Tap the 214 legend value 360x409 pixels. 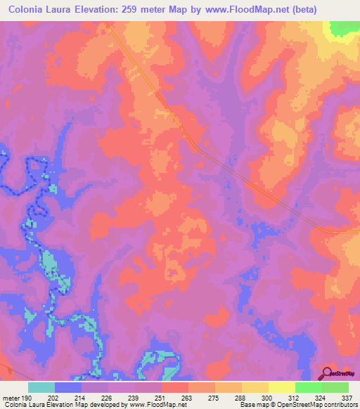(81, 397)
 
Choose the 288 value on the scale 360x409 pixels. (241, 397)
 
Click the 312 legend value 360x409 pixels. (295, 397)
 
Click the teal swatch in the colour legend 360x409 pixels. (41, 387)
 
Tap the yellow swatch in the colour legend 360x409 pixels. (281, 387)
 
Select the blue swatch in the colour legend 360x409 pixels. (68, 387)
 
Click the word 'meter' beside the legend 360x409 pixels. (11, 397)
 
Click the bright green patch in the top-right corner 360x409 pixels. (343, 27)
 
